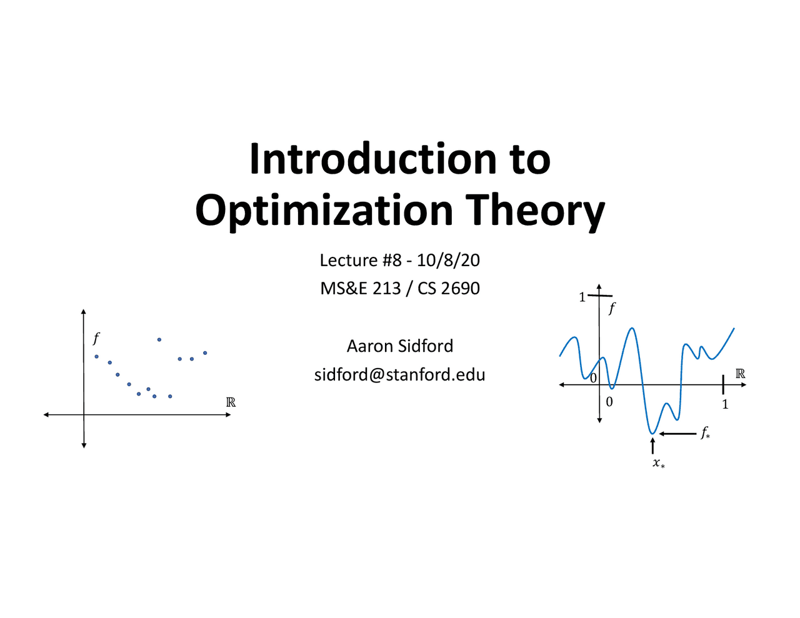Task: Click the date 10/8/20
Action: (x=448, y=260)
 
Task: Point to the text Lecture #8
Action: (x=360, y=260)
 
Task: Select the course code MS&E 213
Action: (x=360, y=288)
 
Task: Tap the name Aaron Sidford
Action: (x=400, y=346)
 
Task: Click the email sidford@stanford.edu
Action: (x=400, y=374)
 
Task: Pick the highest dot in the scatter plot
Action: (x=159, y=339)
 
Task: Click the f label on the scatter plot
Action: (x=96, y=339)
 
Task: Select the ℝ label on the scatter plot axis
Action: (x=231, y=402)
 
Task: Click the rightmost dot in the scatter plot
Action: (x=205, y=353)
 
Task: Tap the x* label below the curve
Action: (x=658, y=464)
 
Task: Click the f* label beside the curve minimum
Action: (x=705, y=432)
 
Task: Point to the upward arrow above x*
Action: (x=652, y=446)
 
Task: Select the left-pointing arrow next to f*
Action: (x=677, y=434)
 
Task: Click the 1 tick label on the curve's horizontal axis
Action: (x=725, y=404)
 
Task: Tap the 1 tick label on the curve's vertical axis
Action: (x=582, y=297)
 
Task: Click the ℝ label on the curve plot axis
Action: (x=740, y=374)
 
